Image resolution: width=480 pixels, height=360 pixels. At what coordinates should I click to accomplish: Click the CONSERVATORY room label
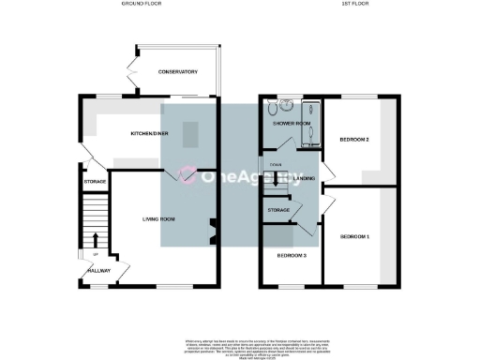pos(177,72)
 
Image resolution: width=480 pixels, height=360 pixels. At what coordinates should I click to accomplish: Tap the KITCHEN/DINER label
pos(148,134)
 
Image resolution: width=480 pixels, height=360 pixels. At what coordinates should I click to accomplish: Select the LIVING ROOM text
pos(159,219)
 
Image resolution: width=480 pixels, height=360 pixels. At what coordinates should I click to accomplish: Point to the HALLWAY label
pos(98,271)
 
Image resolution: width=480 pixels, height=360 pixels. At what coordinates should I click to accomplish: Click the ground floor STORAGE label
pos(95,181)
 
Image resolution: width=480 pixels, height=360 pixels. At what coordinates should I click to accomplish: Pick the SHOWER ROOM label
pos(291,124)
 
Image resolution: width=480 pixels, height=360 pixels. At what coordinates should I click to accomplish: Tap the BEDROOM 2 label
pos(353,140)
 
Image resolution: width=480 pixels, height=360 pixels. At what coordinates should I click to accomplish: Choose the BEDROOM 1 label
pos(354,235)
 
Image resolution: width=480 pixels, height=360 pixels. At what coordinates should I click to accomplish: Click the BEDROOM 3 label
pos(291,255)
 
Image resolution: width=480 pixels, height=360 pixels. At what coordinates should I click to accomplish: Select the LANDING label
pos(304,177)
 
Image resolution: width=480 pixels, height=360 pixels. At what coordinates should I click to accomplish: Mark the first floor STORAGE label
pos(278,210)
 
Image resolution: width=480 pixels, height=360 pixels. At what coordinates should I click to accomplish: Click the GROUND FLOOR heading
pos(142,5)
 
